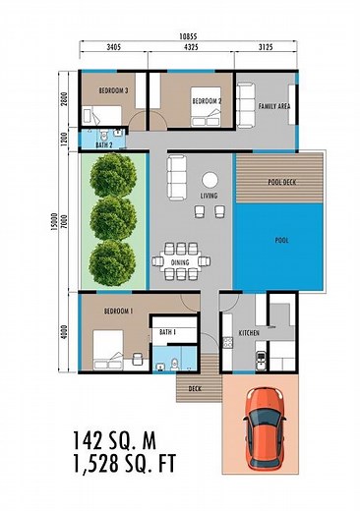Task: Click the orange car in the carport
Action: pos(263,426)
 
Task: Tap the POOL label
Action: pos(282,240)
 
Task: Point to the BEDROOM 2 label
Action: pos(207,100)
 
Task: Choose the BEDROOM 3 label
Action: pos(113,90)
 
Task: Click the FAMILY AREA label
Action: pos(273,105)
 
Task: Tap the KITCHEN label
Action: pos(251,333)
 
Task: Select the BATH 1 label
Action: pos(167,332)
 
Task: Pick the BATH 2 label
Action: pos(104,145)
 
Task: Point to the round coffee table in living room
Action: pos(210,180)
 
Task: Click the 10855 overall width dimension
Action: pos(187,35)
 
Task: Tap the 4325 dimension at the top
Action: pos(190,46)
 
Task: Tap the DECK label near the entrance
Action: pos(196,388)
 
